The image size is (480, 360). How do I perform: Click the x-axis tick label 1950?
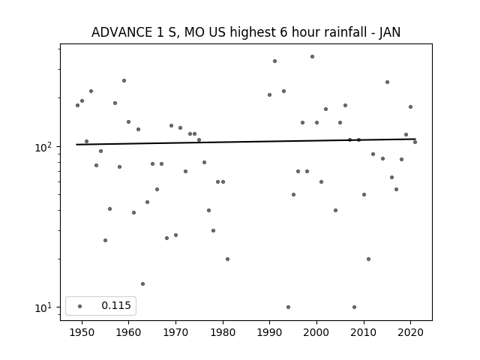coord(82,333)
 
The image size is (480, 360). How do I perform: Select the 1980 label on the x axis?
coord(223,333)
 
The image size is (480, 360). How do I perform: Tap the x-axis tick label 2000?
coord(316,333)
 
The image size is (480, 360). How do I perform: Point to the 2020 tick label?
coord(410,333)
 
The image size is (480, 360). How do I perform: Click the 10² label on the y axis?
coord(43,147)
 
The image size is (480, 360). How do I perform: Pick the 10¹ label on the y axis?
coord(43,307)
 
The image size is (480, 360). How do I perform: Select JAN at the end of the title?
coord(390,32)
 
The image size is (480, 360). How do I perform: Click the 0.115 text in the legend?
coord(116,305)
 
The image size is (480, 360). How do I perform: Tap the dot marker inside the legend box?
coord(80,306)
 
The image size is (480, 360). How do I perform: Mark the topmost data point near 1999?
coord(312,57)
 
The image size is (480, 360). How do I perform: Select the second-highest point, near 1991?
coord(275,61)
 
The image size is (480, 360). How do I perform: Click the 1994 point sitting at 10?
coord(288,307)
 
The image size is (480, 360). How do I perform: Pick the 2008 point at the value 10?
coord(354,307)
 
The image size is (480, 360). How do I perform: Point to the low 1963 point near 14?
coord(142,283)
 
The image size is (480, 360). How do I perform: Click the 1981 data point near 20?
coord(227,259)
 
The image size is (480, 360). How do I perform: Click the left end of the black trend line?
coord(76,145)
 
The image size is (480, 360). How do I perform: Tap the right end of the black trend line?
coord(415,139)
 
